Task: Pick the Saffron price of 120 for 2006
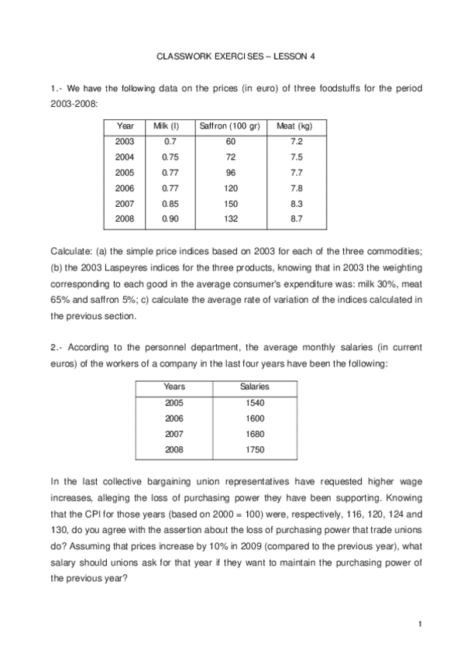coord(230,187)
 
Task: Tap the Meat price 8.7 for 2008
coord(295,218)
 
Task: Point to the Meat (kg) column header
coord(295,126)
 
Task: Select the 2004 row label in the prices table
coord(124,157)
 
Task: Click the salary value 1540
coord(254,403)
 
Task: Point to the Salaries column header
coord(254,387)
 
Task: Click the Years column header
coord(175,387)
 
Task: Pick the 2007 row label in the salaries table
coord(175,434)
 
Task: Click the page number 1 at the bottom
coord(419,623)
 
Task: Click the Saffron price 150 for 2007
coord(230,203)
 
